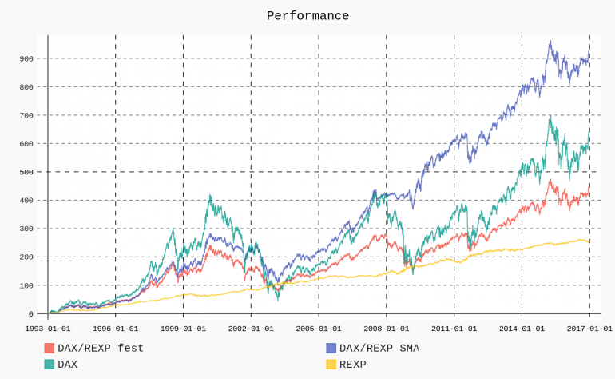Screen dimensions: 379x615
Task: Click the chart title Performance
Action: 307,16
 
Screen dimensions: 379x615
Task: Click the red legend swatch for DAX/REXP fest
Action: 50,348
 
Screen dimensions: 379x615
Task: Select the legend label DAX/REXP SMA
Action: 379,348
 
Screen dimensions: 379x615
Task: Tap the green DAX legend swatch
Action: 50,364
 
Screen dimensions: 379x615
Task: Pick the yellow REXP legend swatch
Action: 331,364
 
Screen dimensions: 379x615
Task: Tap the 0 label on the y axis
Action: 30,313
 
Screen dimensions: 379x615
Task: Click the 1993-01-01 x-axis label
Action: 48,328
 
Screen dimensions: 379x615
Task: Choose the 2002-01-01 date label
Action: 251,328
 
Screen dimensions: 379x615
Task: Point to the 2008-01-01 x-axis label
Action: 387,328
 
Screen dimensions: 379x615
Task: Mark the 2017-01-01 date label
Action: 589,328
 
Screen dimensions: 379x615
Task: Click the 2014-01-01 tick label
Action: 522,328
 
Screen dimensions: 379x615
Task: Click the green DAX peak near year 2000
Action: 210,195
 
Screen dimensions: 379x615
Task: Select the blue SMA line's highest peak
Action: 550,42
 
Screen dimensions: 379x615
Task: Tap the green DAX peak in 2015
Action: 550,117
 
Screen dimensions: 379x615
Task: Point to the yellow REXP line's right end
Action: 589,241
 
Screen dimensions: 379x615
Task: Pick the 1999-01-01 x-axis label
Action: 183,328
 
